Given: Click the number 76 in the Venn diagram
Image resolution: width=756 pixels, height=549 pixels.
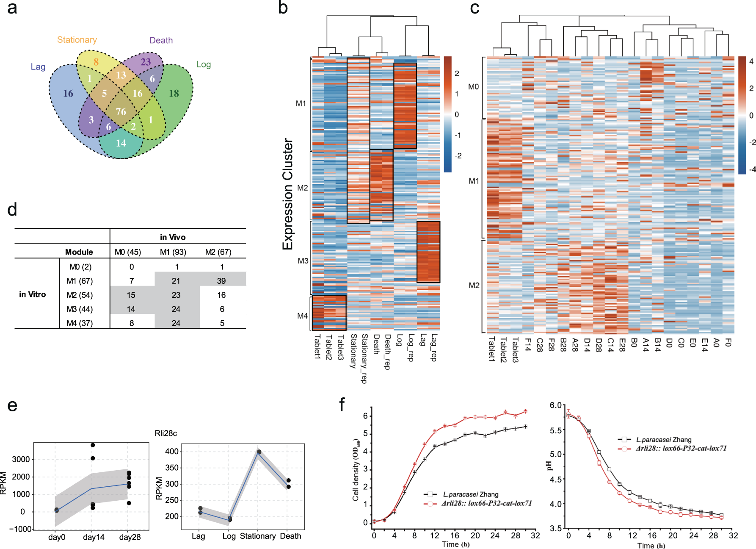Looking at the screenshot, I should coord(121,111).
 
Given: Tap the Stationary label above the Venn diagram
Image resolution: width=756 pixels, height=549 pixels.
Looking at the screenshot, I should coord(77,40).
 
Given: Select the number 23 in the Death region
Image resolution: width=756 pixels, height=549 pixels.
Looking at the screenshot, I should coord(146,62).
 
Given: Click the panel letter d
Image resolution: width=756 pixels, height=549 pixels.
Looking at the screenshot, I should coord(12,210).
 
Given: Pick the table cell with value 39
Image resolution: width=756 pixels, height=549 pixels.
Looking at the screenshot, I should coord(221,281).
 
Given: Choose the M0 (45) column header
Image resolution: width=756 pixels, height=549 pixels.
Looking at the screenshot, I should coord(128,252).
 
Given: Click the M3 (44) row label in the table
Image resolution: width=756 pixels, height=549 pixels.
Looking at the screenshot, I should coord(80,309).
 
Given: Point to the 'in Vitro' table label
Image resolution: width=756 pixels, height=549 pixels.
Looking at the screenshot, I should coord(32,294).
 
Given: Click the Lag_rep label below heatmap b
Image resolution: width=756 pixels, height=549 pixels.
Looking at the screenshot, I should coord(433,348).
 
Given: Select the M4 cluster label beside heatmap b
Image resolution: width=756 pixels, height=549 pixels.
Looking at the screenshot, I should coord(302,316).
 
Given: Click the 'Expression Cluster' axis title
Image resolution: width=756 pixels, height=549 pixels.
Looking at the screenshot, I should coord(288,194).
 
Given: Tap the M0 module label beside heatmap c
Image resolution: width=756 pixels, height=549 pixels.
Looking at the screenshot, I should coord(473,87).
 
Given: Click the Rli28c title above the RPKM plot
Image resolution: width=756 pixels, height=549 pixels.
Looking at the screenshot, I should coord(166,433).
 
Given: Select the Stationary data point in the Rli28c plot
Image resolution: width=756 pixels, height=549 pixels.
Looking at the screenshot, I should coord(259,452).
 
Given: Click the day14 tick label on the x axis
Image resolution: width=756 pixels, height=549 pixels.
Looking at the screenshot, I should coord(94,537).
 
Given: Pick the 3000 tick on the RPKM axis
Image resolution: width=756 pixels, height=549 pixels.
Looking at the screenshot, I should coord(21,459).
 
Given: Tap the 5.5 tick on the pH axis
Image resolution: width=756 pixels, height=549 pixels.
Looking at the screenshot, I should coord(555,430).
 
